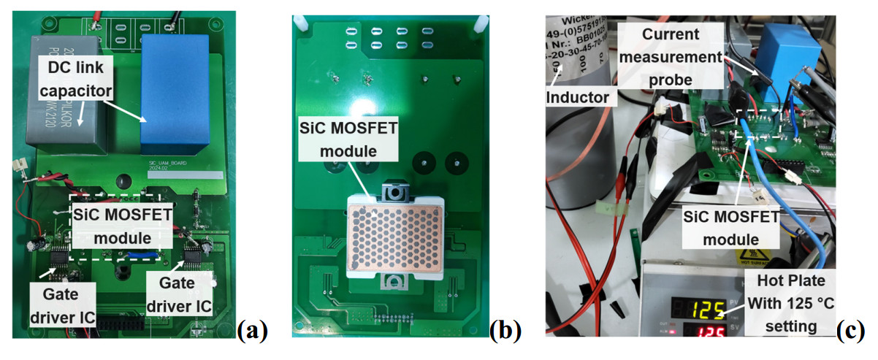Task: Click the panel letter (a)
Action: tap(253, 332)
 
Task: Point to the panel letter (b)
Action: tap(503, 332)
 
